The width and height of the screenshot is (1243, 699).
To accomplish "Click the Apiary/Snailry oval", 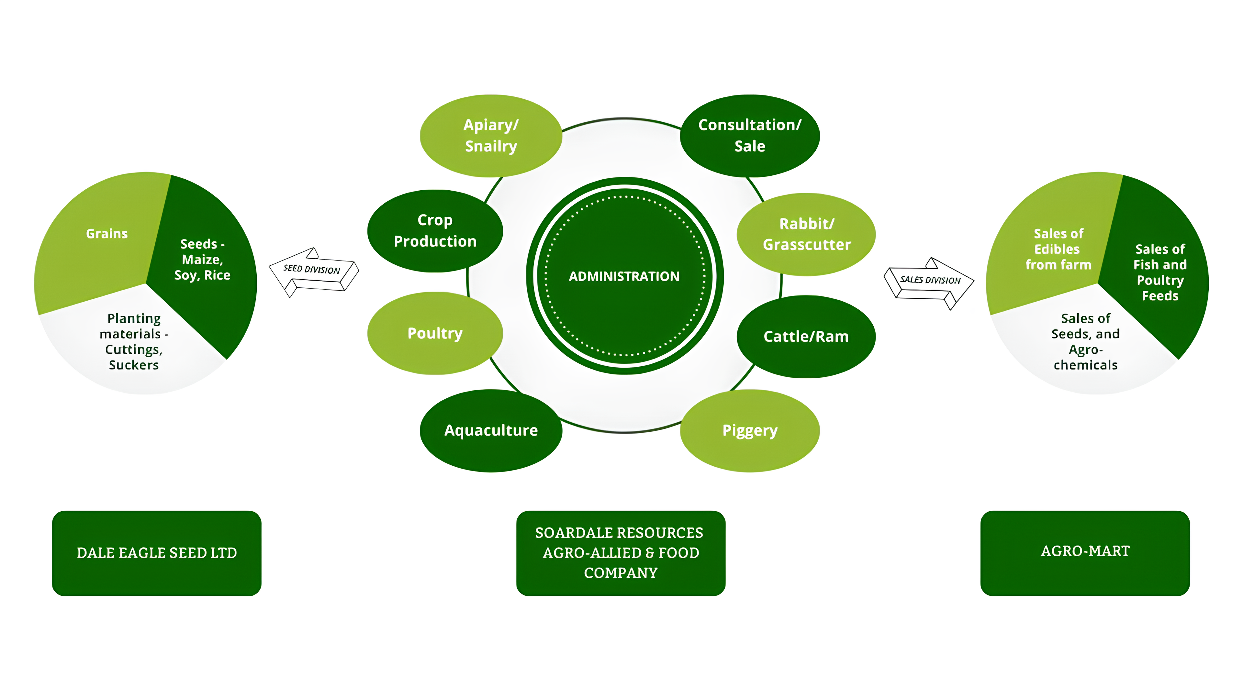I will click(491, 136).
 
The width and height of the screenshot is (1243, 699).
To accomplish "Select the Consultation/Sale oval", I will click(749, 136).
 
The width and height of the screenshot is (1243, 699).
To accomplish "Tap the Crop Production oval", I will click(435, 231).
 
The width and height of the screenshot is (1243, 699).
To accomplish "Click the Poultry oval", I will click(435, 333).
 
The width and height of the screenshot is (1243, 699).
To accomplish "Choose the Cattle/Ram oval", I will click(806, 336).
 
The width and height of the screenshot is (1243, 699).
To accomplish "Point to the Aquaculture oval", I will click(491, 430).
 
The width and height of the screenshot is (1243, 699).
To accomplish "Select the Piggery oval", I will click(749, 430).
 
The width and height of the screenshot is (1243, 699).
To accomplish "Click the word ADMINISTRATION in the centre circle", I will click(624, 276).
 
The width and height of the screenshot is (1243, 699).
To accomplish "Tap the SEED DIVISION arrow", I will click(313, 272).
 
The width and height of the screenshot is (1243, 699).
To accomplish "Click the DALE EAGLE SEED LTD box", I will click(156, 553).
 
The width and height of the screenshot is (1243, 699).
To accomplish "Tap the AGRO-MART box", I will click(1085, 553).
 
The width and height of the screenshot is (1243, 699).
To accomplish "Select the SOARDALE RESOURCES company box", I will click(621, 553).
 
